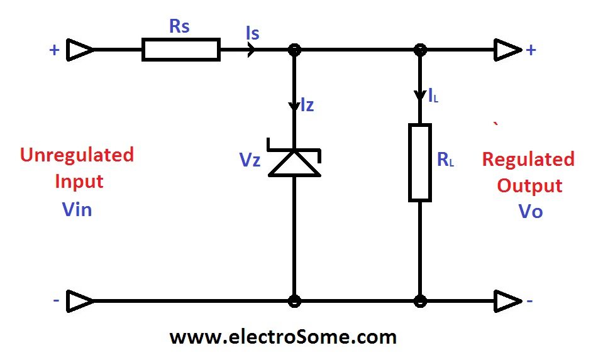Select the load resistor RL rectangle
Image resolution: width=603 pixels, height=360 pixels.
(420, 163)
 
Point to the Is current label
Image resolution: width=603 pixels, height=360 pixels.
(253, 33)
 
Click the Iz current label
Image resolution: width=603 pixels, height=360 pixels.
(306, 106)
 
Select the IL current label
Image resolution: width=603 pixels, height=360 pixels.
(433, 97)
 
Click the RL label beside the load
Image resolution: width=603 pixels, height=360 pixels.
(445, 160)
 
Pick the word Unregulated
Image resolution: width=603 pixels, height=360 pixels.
(77, 155)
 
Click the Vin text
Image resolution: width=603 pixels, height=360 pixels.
(77, 209)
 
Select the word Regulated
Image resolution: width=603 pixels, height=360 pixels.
(528, 159)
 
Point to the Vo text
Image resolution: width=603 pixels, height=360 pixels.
(530, 211)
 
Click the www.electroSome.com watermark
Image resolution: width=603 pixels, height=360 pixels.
(283, 337)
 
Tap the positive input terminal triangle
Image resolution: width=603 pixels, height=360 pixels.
(81, 50)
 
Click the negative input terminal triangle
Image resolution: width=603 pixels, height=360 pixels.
(81, 301)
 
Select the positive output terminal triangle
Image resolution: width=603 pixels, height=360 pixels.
(507, 50)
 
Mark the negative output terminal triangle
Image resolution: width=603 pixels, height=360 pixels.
(507, 301)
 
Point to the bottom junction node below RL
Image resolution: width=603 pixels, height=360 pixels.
(420, 301)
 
